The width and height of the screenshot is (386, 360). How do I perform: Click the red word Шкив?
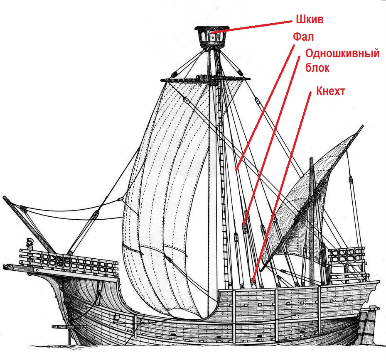pos(310,20)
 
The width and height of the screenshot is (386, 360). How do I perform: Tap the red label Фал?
pos(303,37)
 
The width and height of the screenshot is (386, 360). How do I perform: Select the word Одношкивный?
pos(342,54)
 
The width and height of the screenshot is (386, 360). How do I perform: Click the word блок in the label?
pos(317,68)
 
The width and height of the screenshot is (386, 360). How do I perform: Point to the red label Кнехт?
pos(330,91)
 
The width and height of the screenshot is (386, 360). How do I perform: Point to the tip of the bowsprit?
pos(5,198)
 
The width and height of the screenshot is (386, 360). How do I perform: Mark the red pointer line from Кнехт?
pos(283,183)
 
